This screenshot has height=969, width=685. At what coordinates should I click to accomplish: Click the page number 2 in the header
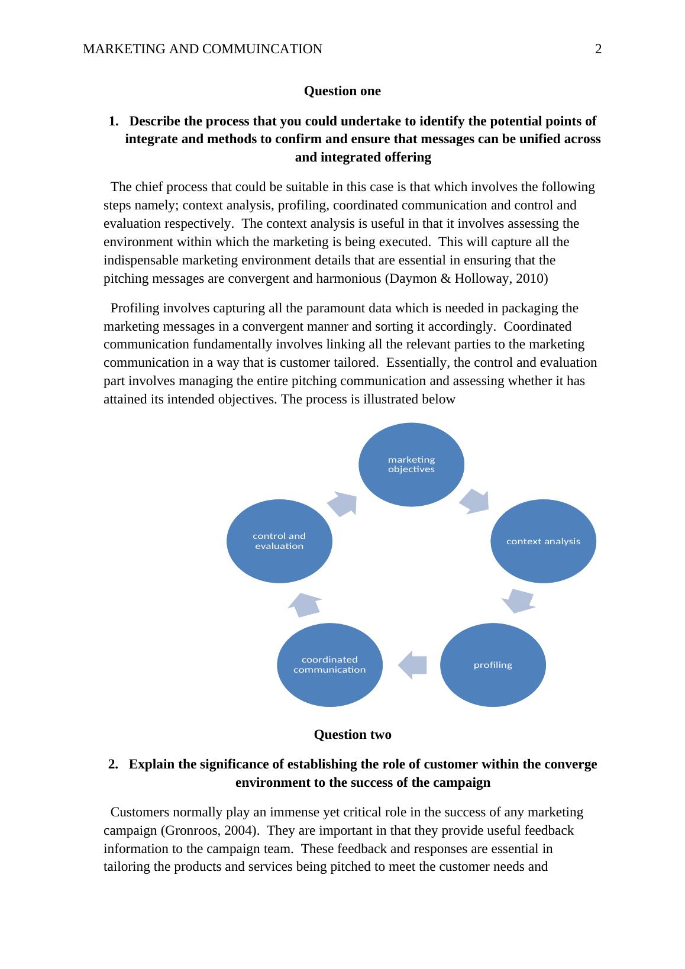click(598, 49)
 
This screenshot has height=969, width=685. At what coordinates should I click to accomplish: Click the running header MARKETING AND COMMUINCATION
click(202, 49)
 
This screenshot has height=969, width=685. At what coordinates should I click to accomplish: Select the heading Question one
click(342, 91)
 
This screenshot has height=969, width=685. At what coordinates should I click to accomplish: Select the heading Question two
click(352, 735)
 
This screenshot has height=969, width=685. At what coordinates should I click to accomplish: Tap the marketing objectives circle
click(411, 464)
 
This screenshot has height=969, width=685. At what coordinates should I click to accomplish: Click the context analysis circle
click(543, 541)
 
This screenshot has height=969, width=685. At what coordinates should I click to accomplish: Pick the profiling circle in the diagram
click(493, 665)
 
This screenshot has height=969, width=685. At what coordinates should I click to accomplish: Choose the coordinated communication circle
click(329, 665)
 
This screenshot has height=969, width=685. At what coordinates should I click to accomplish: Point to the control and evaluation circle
click(279, 541)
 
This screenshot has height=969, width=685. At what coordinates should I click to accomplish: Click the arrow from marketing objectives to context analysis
click(475, 501)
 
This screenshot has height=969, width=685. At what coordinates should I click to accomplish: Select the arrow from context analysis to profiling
click(519, 600)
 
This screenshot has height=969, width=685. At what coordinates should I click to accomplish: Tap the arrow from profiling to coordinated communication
click(412, 665)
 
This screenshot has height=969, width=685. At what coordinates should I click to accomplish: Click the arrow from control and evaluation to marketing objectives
click(343, 503)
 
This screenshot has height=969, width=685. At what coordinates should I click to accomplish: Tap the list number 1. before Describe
click(114, 122)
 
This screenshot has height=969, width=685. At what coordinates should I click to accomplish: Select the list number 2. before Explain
click(114, 765)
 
